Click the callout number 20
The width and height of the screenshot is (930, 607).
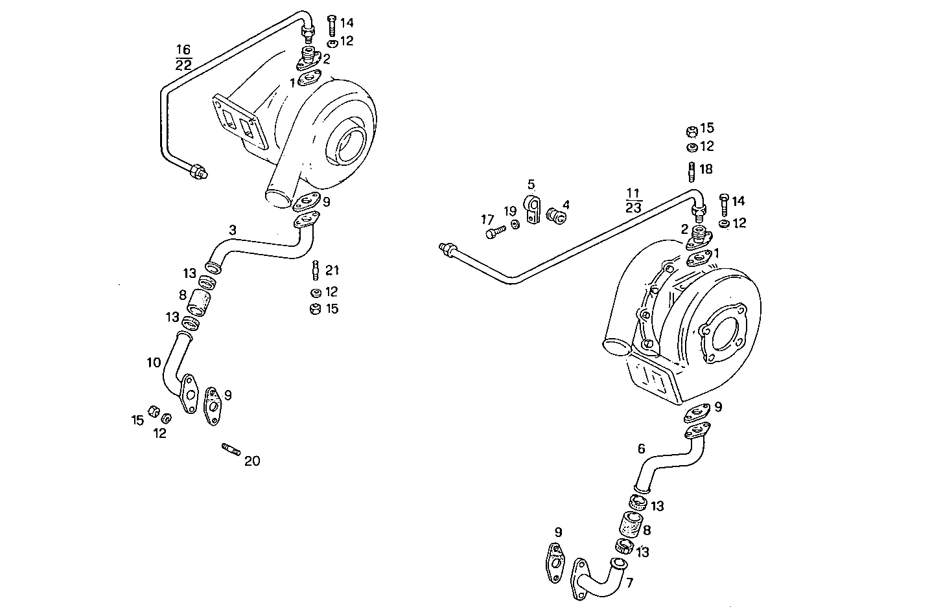click(251, 461)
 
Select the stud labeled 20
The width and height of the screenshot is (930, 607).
click(231, 448)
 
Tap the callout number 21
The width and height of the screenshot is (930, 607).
click(332, 270)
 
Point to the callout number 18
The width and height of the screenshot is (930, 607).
click(706, 169)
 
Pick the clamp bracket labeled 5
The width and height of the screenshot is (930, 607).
click(533, 209)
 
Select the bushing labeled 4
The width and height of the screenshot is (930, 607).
click(556, 215)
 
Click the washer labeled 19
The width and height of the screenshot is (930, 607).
click(515, 225)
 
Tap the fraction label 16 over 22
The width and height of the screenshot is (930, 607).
click(183, 57)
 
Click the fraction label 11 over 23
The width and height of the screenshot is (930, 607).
click(633, 200)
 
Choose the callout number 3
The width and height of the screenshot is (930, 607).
click(232, 229)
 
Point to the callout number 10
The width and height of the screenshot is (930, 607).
click(154, 363)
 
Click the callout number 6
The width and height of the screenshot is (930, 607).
click(641, 448)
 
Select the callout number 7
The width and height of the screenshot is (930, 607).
click(630, 582)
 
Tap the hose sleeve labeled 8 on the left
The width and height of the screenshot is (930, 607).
click(200, 302)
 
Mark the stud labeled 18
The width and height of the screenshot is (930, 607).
click(691, 171)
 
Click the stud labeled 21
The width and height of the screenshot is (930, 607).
click(316, 268)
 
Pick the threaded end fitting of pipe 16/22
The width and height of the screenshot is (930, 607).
click(196, 172)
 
